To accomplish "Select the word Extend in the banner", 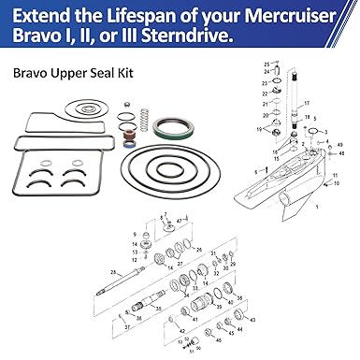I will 49,15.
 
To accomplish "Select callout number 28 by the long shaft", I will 111,271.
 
